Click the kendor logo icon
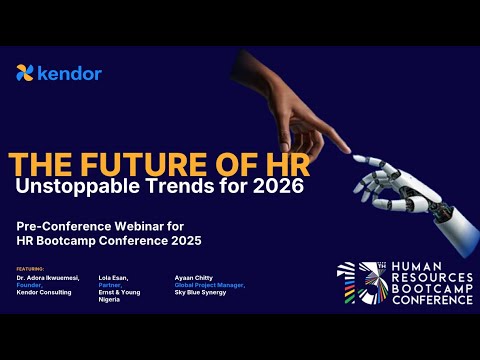pyautogui.click(x=25, y=73)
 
